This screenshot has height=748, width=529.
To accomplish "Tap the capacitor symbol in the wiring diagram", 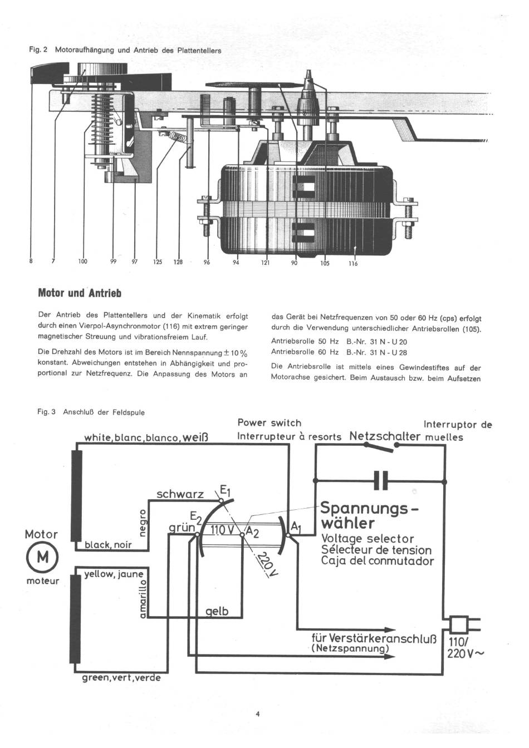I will tap(381, 480).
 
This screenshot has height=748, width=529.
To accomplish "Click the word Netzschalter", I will tap(384, 436).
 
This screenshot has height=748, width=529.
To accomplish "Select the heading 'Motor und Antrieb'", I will tap(79, 293).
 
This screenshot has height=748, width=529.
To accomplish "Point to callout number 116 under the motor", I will tap(353, 264).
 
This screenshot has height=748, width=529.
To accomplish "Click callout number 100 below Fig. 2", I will tap(82, 262).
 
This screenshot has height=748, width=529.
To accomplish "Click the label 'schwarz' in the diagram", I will tap(180, 494).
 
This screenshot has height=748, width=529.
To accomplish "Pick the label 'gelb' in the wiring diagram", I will tap(217, 612).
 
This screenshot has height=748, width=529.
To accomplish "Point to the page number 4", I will tap(258, 715).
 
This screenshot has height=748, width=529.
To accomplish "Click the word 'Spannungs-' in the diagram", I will tap(369, 509).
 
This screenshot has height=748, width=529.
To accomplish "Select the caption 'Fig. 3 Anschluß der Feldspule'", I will tap(91, 412).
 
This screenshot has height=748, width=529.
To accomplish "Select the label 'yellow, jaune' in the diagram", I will tap(113, 574).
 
